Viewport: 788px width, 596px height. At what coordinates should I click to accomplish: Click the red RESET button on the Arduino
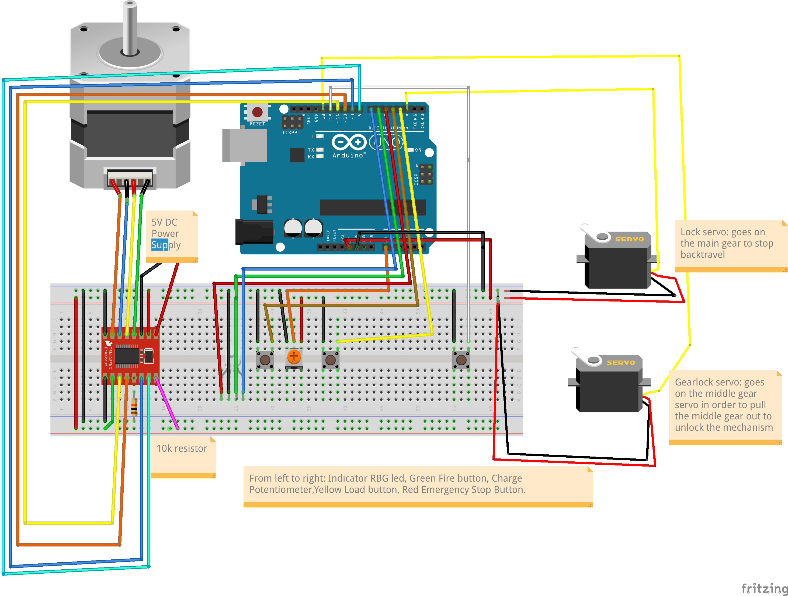pyautogui.click(x=257, y=112)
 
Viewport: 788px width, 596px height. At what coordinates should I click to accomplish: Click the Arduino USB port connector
pyautogui.click(x=244, y=145)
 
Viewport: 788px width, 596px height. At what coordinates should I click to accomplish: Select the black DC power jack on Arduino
pyautogui.click(x=254, y=232)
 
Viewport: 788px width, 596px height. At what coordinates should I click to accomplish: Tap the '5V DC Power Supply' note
pyautogui.click(x=171, y=235)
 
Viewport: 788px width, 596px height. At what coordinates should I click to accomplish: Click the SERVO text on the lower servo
pyautogui.click(x=621, y=362)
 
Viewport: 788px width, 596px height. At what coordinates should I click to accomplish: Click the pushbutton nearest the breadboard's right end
pyautogui.click(x=461, y=360)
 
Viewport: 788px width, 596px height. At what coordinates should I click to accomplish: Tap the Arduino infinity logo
pyautogui.click(x=349, y=142)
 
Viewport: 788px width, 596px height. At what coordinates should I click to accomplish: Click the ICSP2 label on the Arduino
pyautogui.click(x=289, y=132)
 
